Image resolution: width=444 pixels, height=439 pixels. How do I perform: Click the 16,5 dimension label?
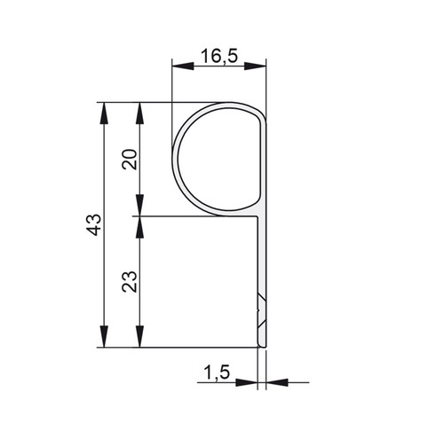tap(219, 56)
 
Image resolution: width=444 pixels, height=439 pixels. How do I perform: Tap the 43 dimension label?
tap(95, 224)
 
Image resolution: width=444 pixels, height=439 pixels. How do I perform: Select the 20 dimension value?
tap(130, 160)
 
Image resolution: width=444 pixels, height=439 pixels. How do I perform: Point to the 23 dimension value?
tap(130, 281)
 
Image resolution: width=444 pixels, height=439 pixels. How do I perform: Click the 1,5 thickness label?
tap(217, 372)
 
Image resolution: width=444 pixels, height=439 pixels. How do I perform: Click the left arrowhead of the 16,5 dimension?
tap(183, 67)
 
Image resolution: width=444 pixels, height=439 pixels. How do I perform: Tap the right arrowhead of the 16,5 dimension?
tap(255, 67)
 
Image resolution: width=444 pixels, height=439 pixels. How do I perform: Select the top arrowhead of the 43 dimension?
tap(104, 114)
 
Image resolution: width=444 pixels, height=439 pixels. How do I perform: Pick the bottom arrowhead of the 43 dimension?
tap(104, 336)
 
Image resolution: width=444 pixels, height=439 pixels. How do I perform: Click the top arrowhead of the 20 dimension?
tap(139, 114)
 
